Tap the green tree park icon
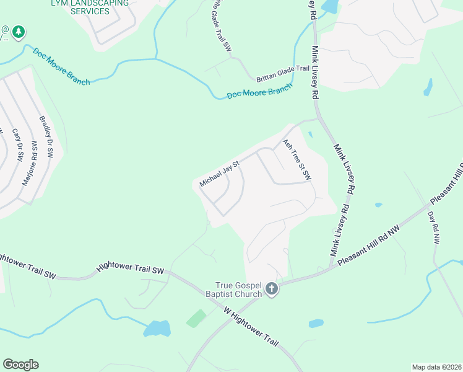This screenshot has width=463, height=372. point(19,31)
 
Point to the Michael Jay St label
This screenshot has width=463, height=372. point(219,173)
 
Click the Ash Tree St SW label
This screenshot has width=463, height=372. point(296,160)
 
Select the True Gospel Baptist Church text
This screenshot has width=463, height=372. point(240,288)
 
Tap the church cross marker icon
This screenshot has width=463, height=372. point(271,288)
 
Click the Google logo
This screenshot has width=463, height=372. point(20,365)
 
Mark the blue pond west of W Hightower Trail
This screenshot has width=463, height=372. point(157,328)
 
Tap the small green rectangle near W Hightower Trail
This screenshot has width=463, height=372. point(196,319)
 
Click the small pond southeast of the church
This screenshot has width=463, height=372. point(316,324)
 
